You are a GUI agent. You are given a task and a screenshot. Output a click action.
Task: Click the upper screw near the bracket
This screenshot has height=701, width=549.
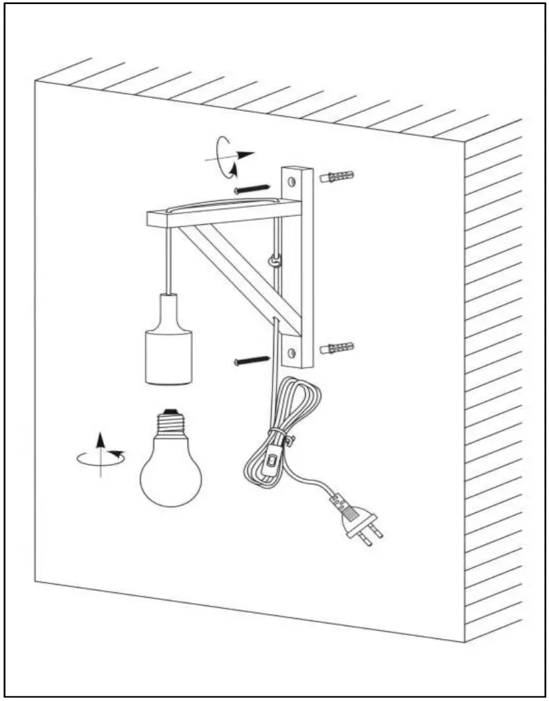(251, 189)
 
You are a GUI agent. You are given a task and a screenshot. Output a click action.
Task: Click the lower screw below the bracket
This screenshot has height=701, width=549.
(251, 360)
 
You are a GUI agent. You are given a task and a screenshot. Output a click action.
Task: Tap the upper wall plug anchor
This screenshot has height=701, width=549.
(336, 178)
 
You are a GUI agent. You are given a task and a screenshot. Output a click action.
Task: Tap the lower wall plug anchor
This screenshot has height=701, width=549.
(336, 348)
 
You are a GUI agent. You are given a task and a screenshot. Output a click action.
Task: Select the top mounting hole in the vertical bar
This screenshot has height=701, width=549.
(293, 181)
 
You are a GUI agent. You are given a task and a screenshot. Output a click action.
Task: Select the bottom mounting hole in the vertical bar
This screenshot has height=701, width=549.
(293, 353)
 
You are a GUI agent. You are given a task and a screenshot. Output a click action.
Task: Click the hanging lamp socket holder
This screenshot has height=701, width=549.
(169, 340)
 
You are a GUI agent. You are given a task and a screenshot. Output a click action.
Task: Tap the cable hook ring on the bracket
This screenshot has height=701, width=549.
(275, 259)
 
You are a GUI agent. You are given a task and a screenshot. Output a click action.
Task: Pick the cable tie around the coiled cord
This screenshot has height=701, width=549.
(278, 438)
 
